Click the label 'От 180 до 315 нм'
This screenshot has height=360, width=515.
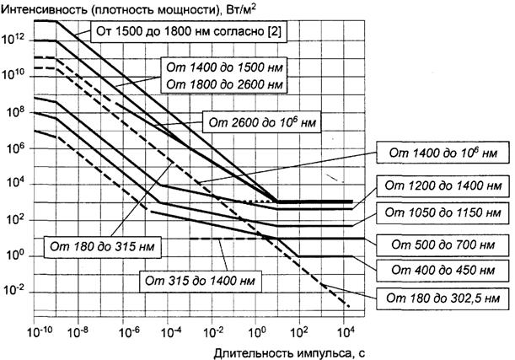point(112,245)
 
